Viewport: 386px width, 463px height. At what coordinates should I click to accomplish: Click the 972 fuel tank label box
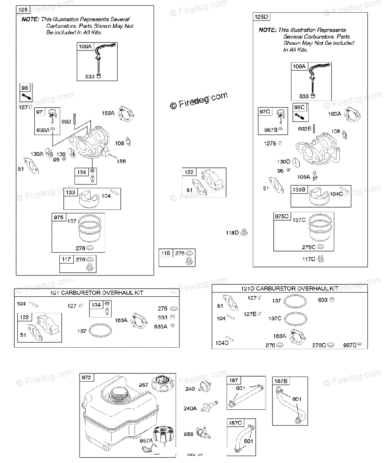[x=86, y=378]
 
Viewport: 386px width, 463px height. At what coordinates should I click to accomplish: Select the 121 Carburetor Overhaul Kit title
[x=97, y=293]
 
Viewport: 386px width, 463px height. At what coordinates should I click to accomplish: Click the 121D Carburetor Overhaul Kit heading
[x=289, y=289]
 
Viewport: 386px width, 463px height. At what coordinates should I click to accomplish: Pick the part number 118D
[x=232, y=233]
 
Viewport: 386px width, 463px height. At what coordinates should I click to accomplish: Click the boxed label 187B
[x=281, y=381]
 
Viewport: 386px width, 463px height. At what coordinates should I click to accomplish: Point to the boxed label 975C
[x=281, y=216]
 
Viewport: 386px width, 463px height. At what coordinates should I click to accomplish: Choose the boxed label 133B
[x=299, y=189]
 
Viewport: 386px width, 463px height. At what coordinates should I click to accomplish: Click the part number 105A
[x=303, y=177]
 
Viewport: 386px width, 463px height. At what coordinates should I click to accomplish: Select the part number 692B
[x=304, y=128]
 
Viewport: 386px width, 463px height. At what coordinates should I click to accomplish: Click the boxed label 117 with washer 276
[x=66, y=259]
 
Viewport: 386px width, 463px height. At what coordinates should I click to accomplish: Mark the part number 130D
[x=283, y=162]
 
